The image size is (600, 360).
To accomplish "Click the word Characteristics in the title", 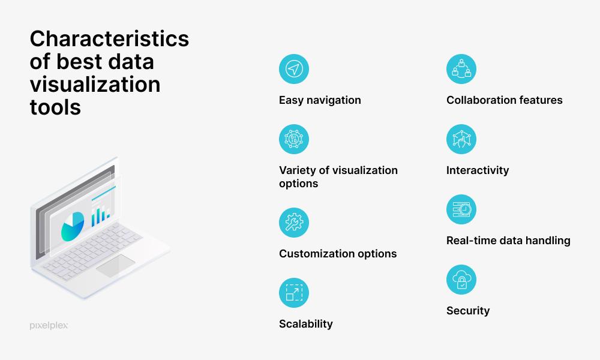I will (x=109, y=39).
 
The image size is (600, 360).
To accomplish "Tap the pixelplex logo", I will (x=49, y=325).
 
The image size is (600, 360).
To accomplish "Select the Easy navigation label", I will (x=320, y=100).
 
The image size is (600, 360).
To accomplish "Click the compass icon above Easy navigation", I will (x=294, y=69).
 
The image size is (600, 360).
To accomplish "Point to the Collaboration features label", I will (x=504, y=100).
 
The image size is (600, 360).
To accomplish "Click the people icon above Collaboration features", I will (x=461, y=69).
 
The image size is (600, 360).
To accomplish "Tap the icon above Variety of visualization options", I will (x=294, y=139).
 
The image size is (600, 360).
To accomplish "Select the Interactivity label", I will (x=477, y=170).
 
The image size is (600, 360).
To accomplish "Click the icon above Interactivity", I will (x=461, y=139).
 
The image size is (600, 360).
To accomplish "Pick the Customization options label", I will (x=337, y=254).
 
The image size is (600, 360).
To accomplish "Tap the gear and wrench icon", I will (x=294, y=223).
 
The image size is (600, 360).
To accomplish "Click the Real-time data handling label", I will (x=508, y=241).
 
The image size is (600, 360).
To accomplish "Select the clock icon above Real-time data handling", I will (x=461, y=209).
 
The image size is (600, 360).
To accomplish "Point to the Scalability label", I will (x=305, y=324).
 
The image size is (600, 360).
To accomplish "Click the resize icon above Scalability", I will (x=294, y=293).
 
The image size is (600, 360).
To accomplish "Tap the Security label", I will (x=467, y=311).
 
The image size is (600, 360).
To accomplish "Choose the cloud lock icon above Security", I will (x=461, y=280).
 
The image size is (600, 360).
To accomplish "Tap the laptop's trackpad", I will (x=115, y=265).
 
